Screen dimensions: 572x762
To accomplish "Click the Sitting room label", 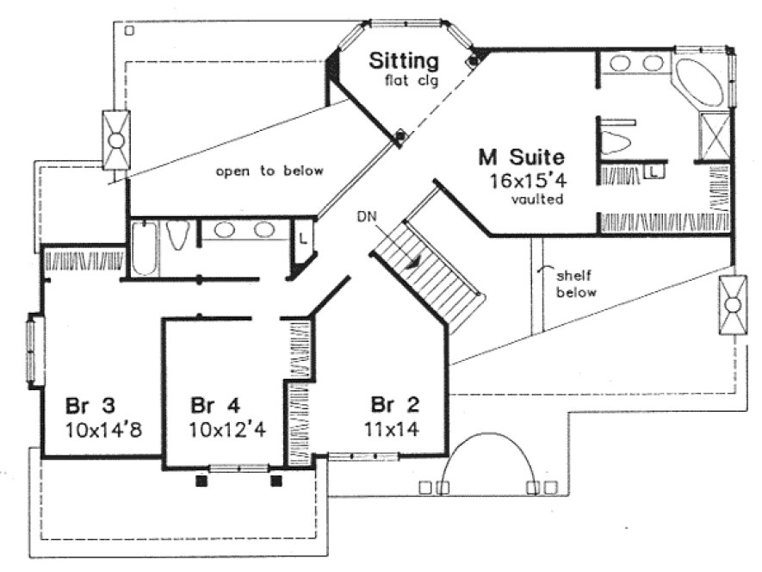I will coord(404,61).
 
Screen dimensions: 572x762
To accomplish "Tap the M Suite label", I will coord(522,158).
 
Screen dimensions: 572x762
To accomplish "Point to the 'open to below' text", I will coord(269,171).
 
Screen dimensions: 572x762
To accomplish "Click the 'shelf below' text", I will coord(575,284).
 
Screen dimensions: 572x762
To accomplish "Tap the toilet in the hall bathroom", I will coord(178,235).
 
